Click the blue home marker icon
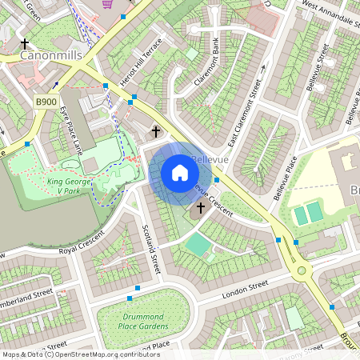pyautogui.click(x=180, y=172)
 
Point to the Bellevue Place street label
pyautogui.click(x=286, y=178)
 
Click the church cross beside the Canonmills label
pyautogui.click(x=26, y=43)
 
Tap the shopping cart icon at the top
pyautogui.click(x=107, y=4)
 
